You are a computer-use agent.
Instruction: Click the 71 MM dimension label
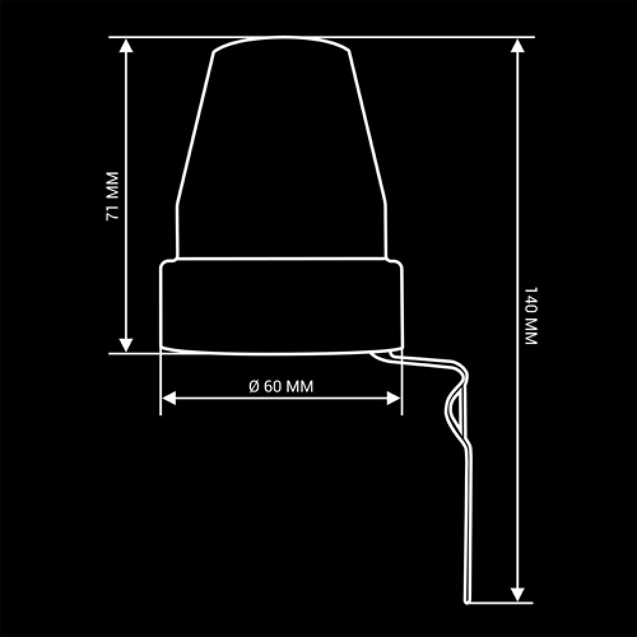[112, 196]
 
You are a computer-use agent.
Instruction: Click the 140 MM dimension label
[531, 316]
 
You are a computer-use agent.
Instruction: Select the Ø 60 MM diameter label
[281, 387]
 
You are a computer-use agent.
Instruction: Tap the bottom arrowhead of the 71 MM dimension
[126, 345]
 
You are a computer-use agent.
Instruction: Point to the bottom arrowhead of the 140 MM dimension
[517, 594]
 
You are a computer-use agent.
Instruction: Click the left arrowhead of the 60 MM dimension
[169, 399]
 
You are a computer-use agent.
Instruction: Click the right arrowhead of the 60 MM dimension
[394, 399]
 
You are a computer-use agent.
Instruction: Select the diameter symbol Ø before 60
[254, 387]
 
